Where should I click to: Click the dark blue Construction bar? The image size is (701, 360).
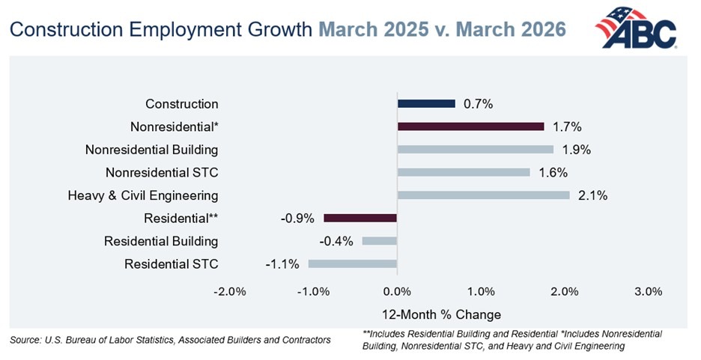pyautogui.click(x=425, y=104)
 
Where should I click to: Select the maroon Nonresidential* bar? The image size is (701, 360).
pyautogui.click(x=470, y=126)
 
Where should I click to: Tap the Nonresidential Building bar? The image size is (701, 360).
pyautogui.click(x=475, y=150)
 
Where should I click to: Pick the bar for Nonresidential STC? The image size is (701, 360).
pyautogui.click(x=463, y=173)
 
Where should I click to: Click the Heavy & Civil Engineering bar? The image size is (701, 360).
pyautogui.click(x=483, y=195)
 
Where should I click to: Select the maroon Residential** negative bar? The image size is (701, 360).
pyautogui.click(x=359, y=218)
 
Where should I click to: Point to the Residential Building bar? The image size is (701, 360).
pyautogui.click(x=379, y=241)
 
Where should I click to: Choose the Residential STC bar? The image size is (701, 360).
pyautogui.click(x=351, y=263)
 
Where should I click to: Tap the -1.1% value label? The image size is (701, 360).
pyautogui.click(x=282, y=264)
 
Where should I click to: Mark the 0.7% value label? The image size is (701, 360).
pyautogui.click(x=477, y=105)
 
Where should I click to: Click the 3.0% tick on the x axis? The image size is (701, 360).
pyautogui.click(x=648, y=291)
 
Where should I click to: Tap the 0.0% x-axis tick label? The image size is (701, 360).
pyautogui.click(x=397, y=291)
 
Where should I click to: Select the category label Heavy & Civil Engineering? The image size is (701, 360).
pyautogui.click(x=143, y=196)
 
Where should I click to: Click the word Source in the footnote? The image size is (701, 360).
pyautogui.click(x=25, y=341)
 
